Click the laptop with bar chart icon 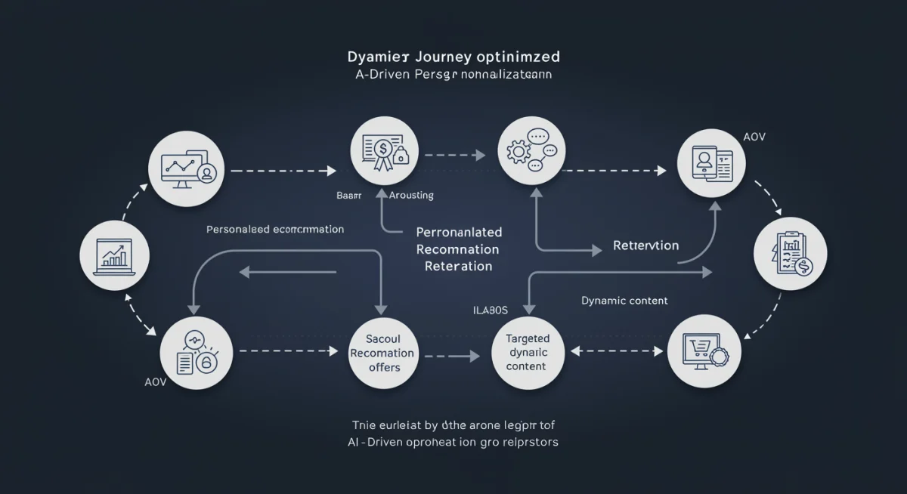coord(113,257)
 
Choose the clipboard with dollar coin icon coord(791,254)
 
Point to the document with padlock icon coord(194,353)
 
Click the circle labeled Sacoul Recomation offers coord(384,354)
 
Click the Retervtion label coord(645,245)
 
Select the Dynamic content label coord(624,301)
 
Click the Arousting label coord(411,195)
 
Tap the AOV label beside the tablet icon coord(754,137)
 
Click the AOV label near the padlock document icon coord(154,382)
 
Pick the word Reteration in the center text coord(458,266)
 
